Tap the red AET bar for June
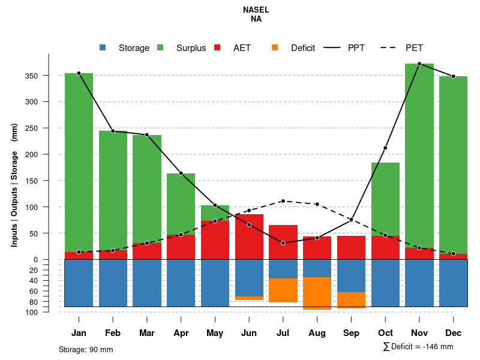(x=249, y=236)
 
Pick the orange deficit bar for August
(x=317, y=293)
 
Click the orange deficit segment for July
(x=283, y=290)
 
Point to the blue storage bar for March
(x=147, y=283)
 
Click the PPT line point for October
(x=385, y=148)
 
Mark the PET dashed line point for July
(x=283, y=201)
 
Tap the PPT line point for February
(x=113, y=131)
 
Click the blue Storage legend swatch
(x=103, y=48)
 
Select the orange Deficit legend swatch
(x=275, y=48)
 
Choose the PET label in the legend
(x=414, y=48)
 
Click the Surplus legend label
(x=191, y=48)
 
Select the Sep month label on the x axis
(x=351, y=333)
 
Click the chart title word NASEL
(x=256, y=10)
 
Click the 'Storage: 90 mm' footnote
(x=86, y=349)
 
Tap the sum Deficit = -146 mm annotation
(x=418, y=347)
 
